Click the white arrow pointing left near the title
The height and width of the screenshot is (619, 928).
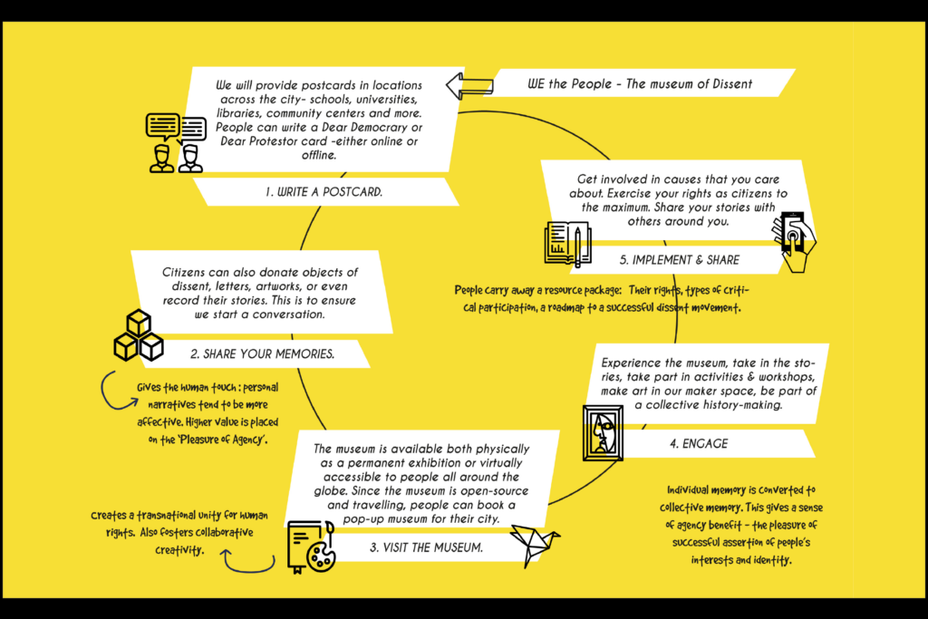[x=469, y=86]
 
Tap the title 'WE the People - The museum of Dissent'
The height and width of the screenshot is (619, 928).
[x=640, y=84]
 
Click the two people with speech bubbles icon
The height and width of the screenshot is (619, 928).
[x=176, y=142]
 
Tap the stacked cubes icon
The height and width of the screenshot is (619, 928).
[x=137, y=335]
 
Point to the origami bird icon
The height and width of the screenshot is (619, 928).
[x=535, y=543]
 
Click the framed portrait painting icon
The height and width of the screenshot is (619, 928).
[x=602, y=432]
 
